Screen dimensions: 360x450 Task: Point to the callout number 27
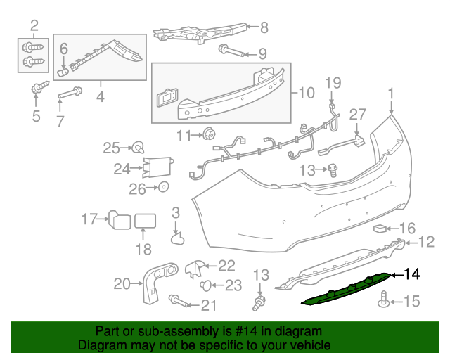point(358,115)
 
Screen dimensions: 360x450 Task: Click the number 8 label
point(264,28)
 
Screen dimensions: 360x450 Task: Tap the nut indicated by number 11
point(209,134)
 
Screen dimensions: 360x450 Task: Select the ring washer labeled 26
point(163,188)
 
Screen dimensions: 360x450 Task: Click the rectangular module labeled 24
point(159,167)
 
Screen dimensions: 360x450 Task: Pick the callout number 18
point(143,249)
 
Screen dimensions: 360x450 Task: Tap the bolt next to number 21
point(179,302)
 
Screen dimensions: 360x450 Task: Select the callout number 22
point(226,265)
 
